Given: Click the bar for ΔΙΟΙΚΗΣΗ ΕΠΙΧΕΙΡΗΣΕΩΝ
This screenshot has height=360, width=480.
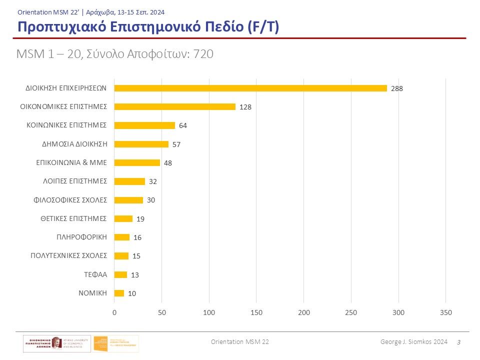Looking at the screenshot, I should point(250,88).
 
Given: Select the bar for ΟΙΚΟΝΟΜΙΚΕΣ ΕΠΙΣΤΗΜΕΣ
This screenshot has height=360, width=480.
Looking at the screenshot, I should point(174,106).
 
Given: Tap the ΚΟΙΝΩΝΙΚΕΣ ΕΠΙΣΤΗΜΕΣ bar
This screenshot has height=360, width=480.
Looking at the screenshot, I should point(144,125).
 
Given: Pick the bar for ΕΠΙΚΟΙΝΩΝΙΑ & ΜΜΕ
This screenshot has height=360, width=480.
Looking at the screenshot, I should point(137,162).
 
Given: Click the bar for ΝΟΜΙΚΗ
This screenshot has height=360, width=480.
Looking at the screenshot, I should point(119,293).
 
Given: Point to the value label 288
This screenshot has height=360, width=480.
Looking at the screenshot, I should point(397,88).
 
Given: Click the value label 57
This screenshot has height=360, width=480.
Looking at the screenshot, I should point(176,144).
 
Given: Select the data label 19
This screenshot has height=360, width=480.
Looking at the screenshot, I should point(140,219).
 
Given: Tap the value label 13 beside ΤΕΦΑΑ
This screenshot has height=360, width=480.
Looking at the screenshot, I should point(135,275).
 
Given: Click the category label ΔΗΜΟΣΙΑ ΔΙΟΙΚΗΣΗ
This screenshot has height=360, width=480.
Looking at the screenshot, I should point(74,144).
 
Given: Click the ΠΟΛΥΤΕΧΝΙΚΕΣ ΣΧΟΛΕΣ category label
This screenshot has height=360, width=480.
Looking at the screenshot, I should point(69,255).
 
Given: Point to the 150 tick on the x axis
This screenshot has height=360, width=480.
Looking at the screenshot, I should point(256,312).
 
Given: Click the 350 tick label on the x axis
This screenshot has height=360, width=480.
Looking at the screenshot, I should point(445,312).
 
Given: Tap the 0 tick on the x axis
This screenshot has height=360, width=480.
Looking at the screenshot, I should point(114,312).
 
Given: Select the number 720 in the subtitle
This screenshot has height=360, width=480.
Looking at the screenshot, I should point(203,54).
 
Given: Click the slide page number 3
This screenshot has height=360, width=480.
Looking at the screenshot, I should point(459,341).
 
